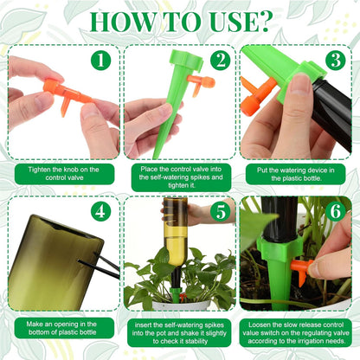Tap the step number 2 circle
click(x=219, y=61)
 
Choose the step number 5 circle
click(x=219, y=211)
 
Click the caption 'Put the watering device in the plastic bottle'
click(x=299, y=174)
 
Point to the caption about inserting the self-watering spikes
click(x=180, y=331)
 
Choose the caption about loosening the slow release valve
click(x=299, y=331)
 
